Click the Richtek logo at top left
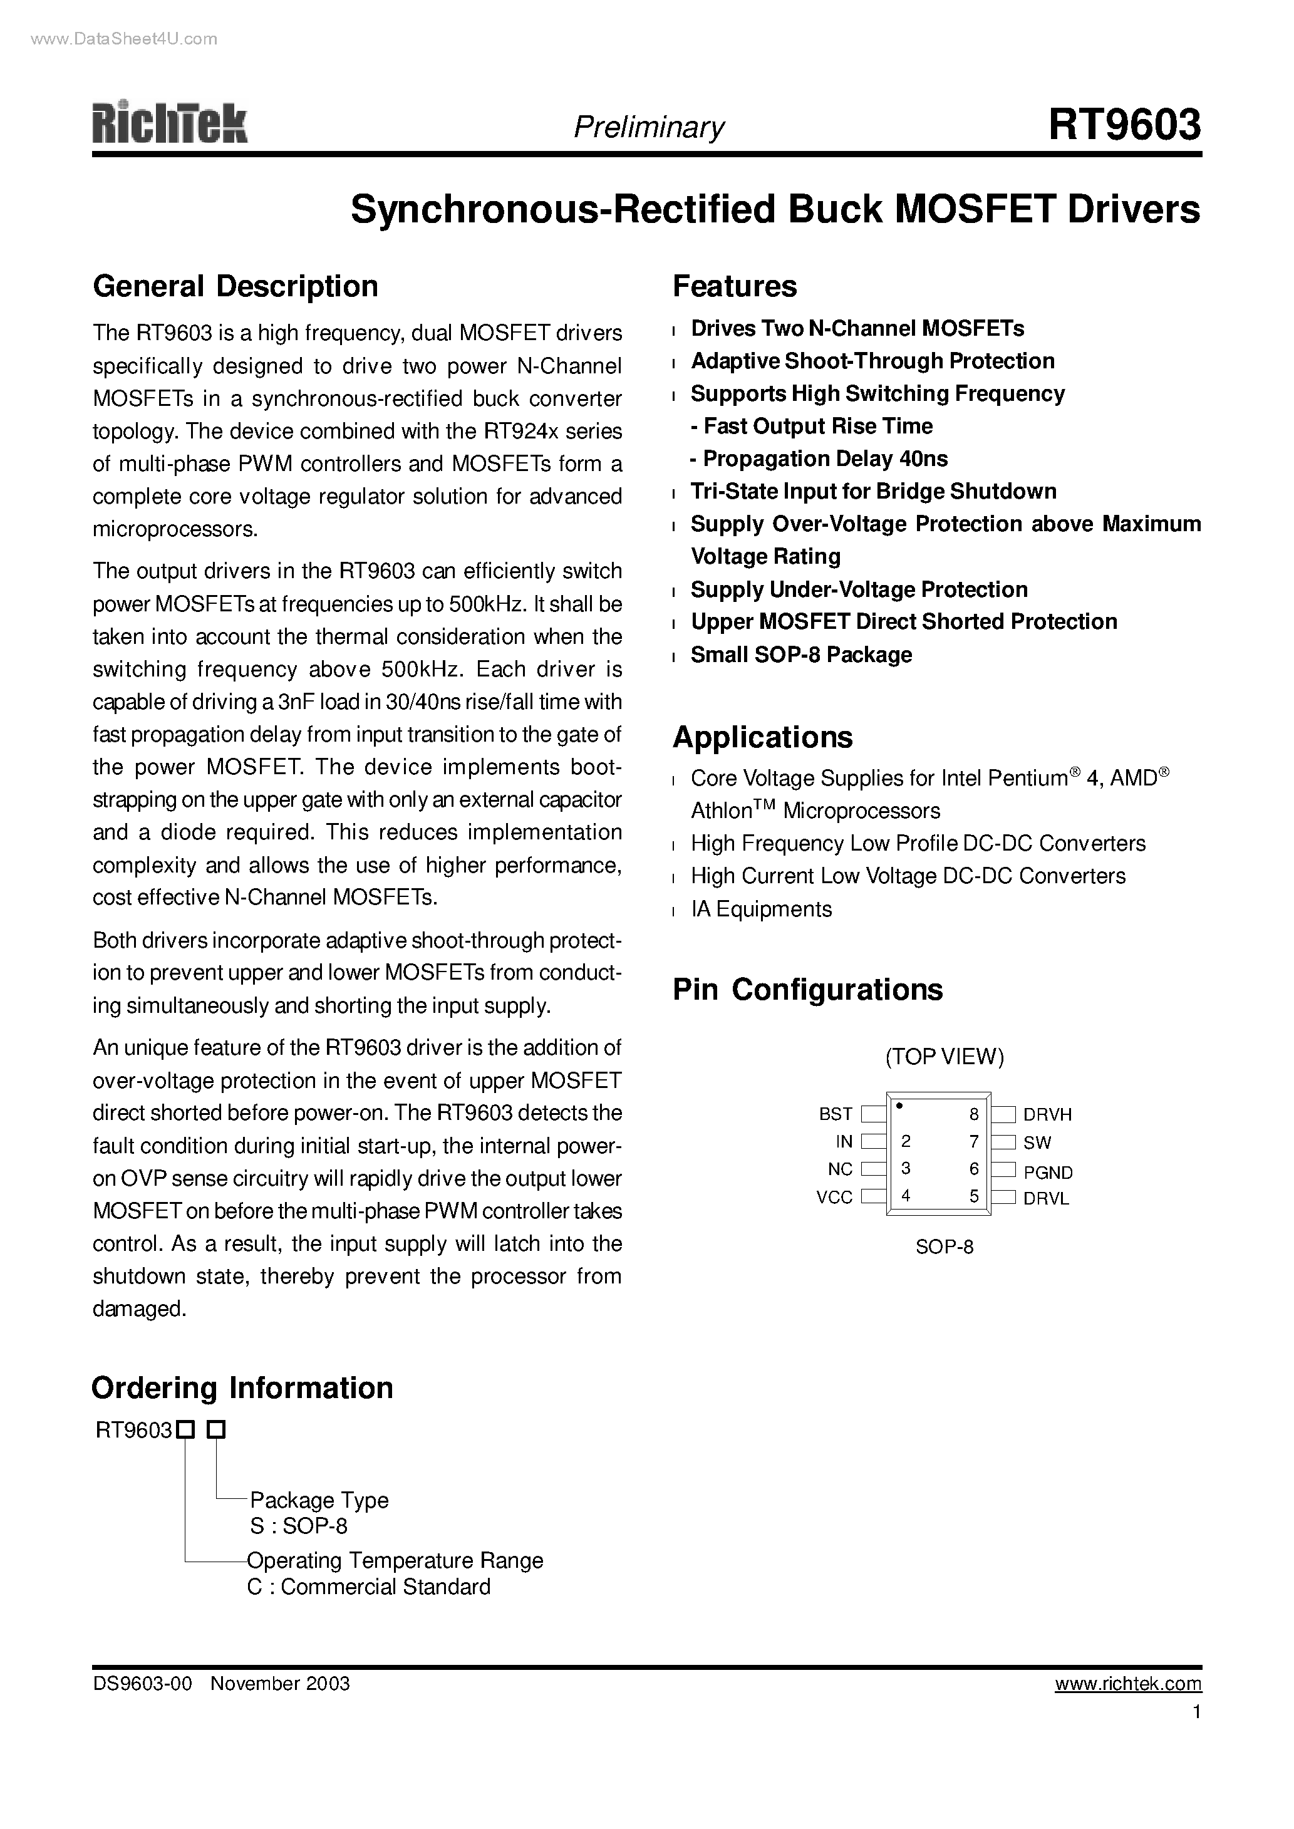click(x=170, y=123)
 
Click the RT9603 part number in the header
click(x=1124, y=125)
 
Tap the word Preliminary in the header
click(x=649, y=127)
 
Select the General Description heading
click(x=235, y=286)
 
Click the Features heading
click(x=734, y=286)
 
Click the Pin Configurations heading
click(x=807, y=990)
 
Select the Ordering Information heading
click(x=242, y=1387)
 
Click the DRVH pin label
click(x=1047, y=1115)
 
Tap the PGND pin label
click(x=1048, y=1173)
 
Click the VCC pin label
click(x=834, y=1197)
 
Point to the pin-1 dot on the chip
click(x=899, y=1105)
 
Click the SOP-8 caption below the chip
click(x=945, y=1246)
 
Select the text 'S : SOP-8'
click(x=299, y=1525)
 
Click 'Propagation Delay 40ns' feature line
click(x=819, y=459)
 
